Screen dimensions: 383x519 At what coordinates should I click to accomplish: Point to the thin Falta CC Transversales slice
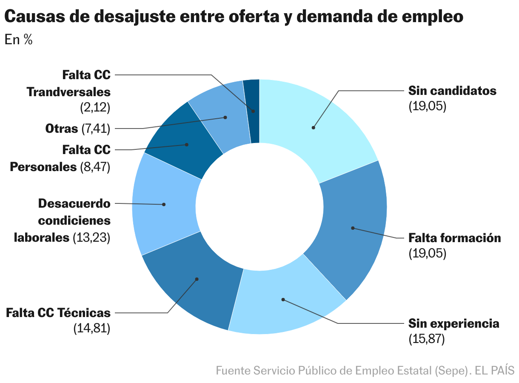pyautogui.click(x=252, y=111)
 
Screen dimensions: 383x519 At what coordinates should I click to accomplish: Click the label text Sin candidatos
pyautogui.click(x=452, y=91)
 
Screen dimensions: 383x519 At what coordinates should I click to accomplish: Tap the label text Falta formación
pyautogui.click(x=454, y=237)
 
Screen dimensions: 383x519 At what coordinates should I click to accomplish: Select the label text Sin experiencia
pyautogui.click(x=453, y=323)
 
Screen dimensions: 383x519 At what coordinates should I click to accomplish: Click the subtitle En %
pyautogui.click(x=19, y=40)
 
